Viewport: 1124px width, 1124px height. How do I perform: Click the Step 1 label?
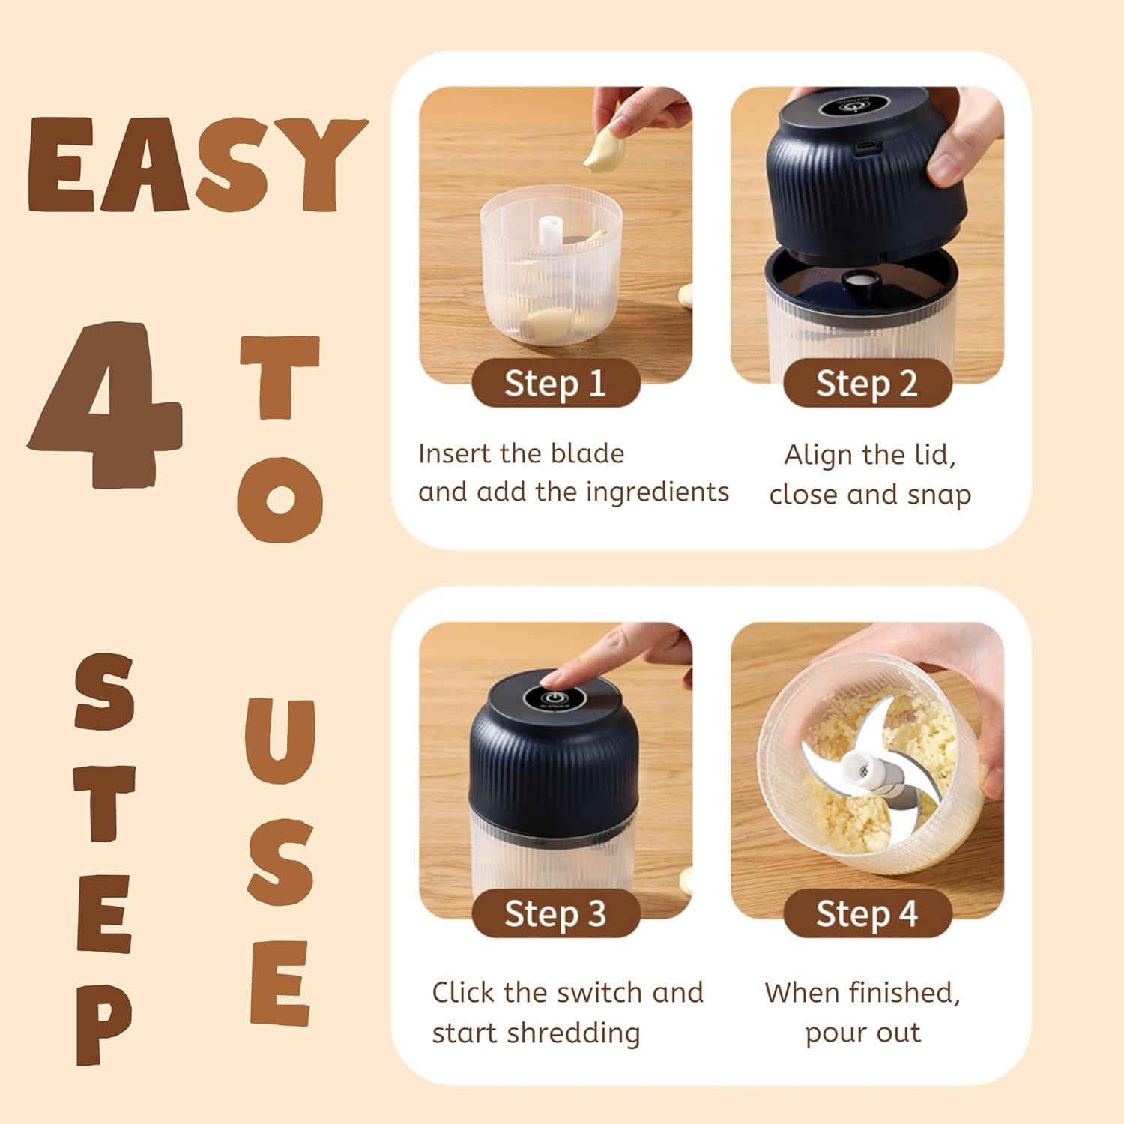point(555,383)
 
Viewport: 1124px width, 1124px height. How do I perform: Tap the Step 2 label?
point(867,383)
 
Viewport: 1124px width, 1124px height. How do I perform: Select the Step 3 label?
point(555,913)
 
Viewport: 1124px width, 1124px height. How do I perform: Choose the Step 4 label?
point(867,913)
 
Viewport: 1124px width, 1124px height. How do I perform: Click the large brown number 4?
point(105,405)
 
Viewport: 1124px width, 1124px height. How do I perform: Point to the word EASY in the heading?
point(196,165)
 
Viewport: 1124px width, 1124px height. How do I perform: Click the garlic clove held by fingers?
point(604,150)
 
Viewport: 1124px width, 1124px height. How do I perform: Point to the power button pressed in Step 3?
point(551,698)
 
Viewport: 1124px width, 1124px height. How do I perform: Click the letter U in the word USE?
point(280,740)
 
